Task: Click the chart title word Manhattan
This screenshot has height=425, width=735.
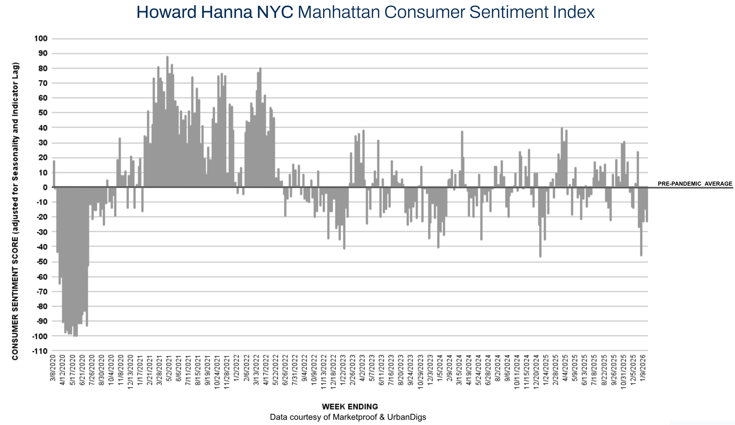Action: (338, 12)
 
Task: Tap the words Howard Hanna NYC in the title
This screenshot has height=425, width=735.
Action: (214, 12)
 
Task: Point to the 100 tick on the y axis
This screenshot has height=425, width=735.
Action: (41, 38)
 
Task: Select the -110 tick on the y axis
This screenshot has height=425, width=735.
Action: (39, 351)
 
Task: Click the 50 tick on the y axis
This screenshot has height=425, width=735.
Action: (42, 113)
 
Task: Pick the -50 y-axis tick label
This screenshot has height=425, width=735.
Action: (41, 262)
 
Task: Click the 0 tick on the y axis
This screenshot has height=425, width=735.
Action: (45, 187)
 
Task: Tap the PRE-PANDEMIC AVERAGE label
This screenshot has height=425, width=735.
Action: (695, 184)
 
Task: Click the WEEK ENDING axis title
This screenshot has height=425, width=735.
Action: (350, 407)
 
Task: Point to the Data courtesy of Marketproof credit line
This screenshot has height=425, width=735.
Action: (348, 417)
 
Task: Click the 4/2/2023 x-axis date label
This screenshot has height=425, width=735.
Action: (363, 368)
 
